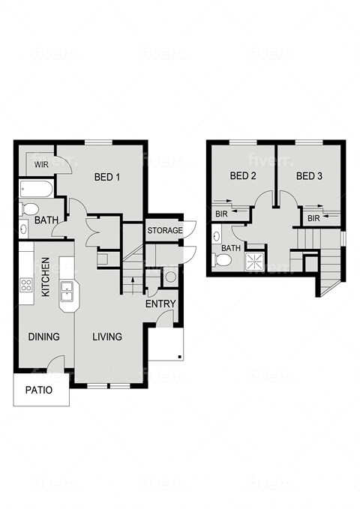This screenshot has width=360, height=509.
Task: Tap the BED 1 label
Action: [x=107, y=178]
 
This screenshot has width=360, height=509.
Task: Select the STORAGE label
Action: [x=164, y=230]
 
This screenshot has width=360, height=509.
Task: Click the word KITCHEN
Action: [x=46, y=277]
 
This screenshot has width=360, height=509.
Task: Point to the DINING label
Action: [x=43, y=337]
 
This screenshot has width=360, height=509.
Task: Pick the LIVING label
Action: [x=107, y=337]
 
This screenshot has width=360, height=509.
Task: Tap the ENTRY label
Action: [x=161, y=304]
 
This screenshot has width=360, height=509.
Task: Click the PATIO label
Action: [x=39, y=390]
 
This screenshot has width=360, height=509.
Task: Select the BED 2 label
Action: [x=243, y=177]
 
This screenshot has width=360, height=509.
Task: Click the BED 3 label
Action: [x=309, y=177]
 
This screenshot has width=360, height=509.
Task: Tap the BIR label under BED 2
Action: [x=221, y=214]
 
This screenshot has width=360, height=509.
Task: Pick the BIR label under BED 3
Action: [x=313, y=218]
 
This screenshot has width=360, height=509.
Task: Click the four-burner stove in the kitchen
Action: [x=25, y=285]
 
